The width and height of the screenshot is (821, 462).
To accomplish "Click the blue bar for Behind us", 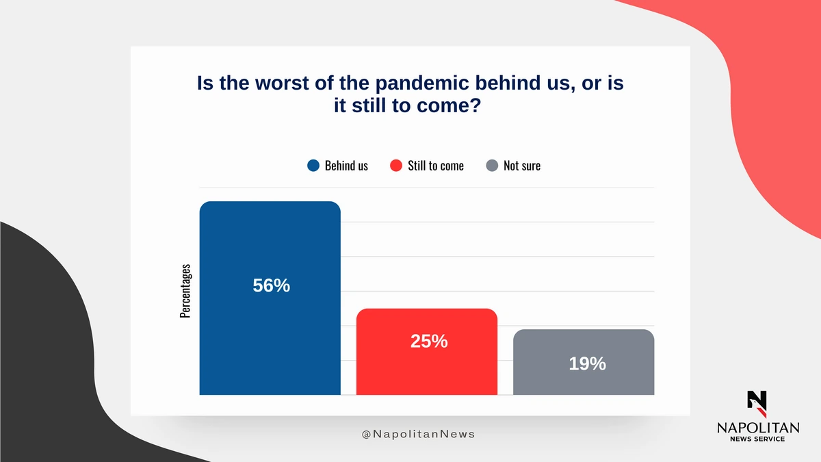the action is (x=270, y=298).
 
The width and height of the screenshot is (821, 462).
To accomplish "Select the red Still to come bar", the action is (x=427, y=352).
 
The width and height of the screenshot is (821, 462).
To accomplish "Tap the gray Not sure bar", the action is (x=584, y=362).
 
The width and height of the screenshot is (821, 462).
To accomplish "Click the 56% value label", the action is (x=271, y=285).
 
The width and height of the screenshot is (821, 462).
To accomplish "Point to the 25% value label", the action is (x=429, y=341).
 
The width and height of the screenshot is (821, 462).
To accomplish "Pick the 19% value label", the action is (x=587, y=363).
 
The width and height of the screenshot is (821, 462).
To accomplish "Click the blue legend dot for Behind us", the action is (x=313, y=166).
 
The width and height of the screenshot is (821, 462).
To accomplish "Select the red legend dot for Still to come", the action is (x=396, y=166).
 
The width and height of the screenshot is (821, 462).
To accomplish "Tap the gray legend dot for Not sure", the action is (x=492, y=166).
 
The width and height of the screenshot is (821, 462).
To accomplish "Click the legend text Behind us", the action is (x=346, y=166).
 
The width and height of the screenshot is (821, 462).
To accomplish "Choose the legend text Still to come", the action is (x=436, y=166).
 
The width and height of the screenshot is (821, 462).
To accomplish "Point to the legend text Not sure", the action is (x=522, y=166).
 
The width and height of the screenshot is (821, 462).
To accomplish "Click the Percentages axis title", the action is (x=185, y=291).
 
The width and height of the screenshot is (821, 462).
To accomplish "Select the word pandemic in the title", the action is (x=422, y=84).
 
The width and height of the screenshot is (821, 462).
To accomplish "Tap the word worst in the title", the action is (x=282, y=83).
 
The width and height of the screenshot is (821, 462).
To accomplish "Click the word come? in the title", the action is (x=449, y=105).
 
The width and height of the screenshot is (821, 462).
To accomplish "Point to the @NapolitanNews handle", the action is (x=418, y=434).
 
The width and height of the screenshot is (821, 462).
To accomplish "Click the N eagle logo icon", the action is (x=757, y=404).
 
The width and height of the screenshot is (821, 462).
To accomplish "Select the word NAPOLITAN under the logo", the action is (x=758, y=428).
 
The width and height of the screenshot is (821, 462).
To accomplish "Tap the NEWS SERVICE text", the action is (x=757, y=439).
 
